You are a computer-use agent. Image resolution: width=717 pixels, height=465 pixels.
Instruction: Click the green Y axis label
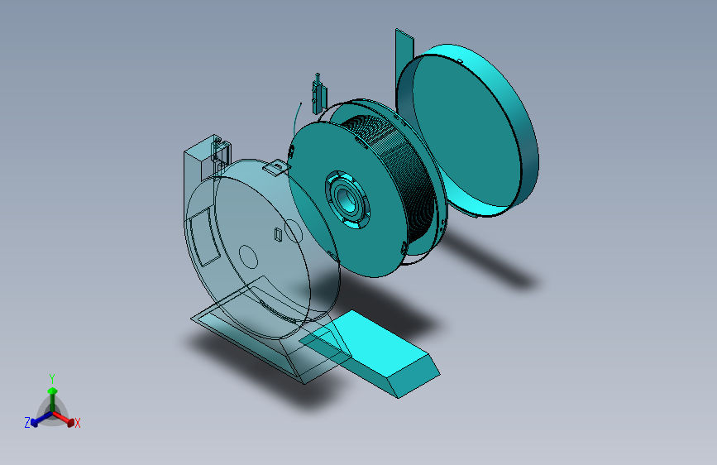(x=51, y=377)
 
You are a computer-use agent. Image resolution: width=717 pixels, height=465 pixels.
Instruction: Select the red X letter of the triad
(x=78, y=424)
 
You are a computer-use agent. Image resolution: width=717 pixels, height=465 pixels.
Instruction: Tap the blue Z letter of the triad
(x=27, y=423)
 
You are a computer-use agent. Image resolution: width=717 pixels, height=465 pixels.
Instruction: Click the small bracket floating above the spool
(x=317, y=93)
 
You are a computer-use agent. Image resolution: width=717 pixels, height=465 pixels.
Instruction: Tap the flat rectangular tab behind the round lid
(x=404, y=50)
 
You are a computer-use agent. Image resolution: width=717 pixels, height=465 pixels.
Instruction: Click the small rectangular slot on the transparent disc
(x=278, y=236)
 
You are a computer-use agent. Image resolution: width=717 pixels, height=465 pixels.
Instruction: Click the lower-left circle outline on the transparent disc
(x=248, y=256)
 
